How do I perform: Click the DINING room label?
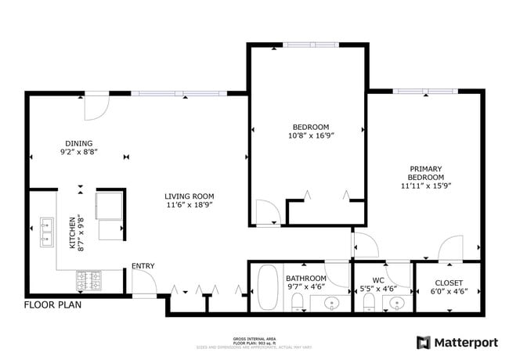tap(78, 143)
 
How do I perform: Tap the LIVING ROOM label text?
tap(189, 196)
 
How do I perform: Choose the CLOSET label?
tap(449, 283)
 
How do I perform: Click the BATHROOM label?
tap(305, 278)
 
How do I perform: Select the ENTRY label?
tap(143, 266)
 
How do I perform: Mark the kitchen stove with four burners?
tap(88, 279)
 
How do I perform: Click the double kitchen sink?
tap(46, 232)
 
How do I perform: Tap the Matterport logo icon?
tap(423, 342)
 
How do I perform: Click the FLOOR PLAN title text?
tap(53, 305)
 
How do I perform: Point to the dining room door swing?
tap(96, 107)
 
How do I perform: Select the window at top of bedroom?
tap(310, 45)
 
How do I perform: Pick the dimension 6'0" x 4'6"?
tap(449, 292)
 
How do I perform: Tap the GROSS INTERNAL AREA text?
tap(254, 333)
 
